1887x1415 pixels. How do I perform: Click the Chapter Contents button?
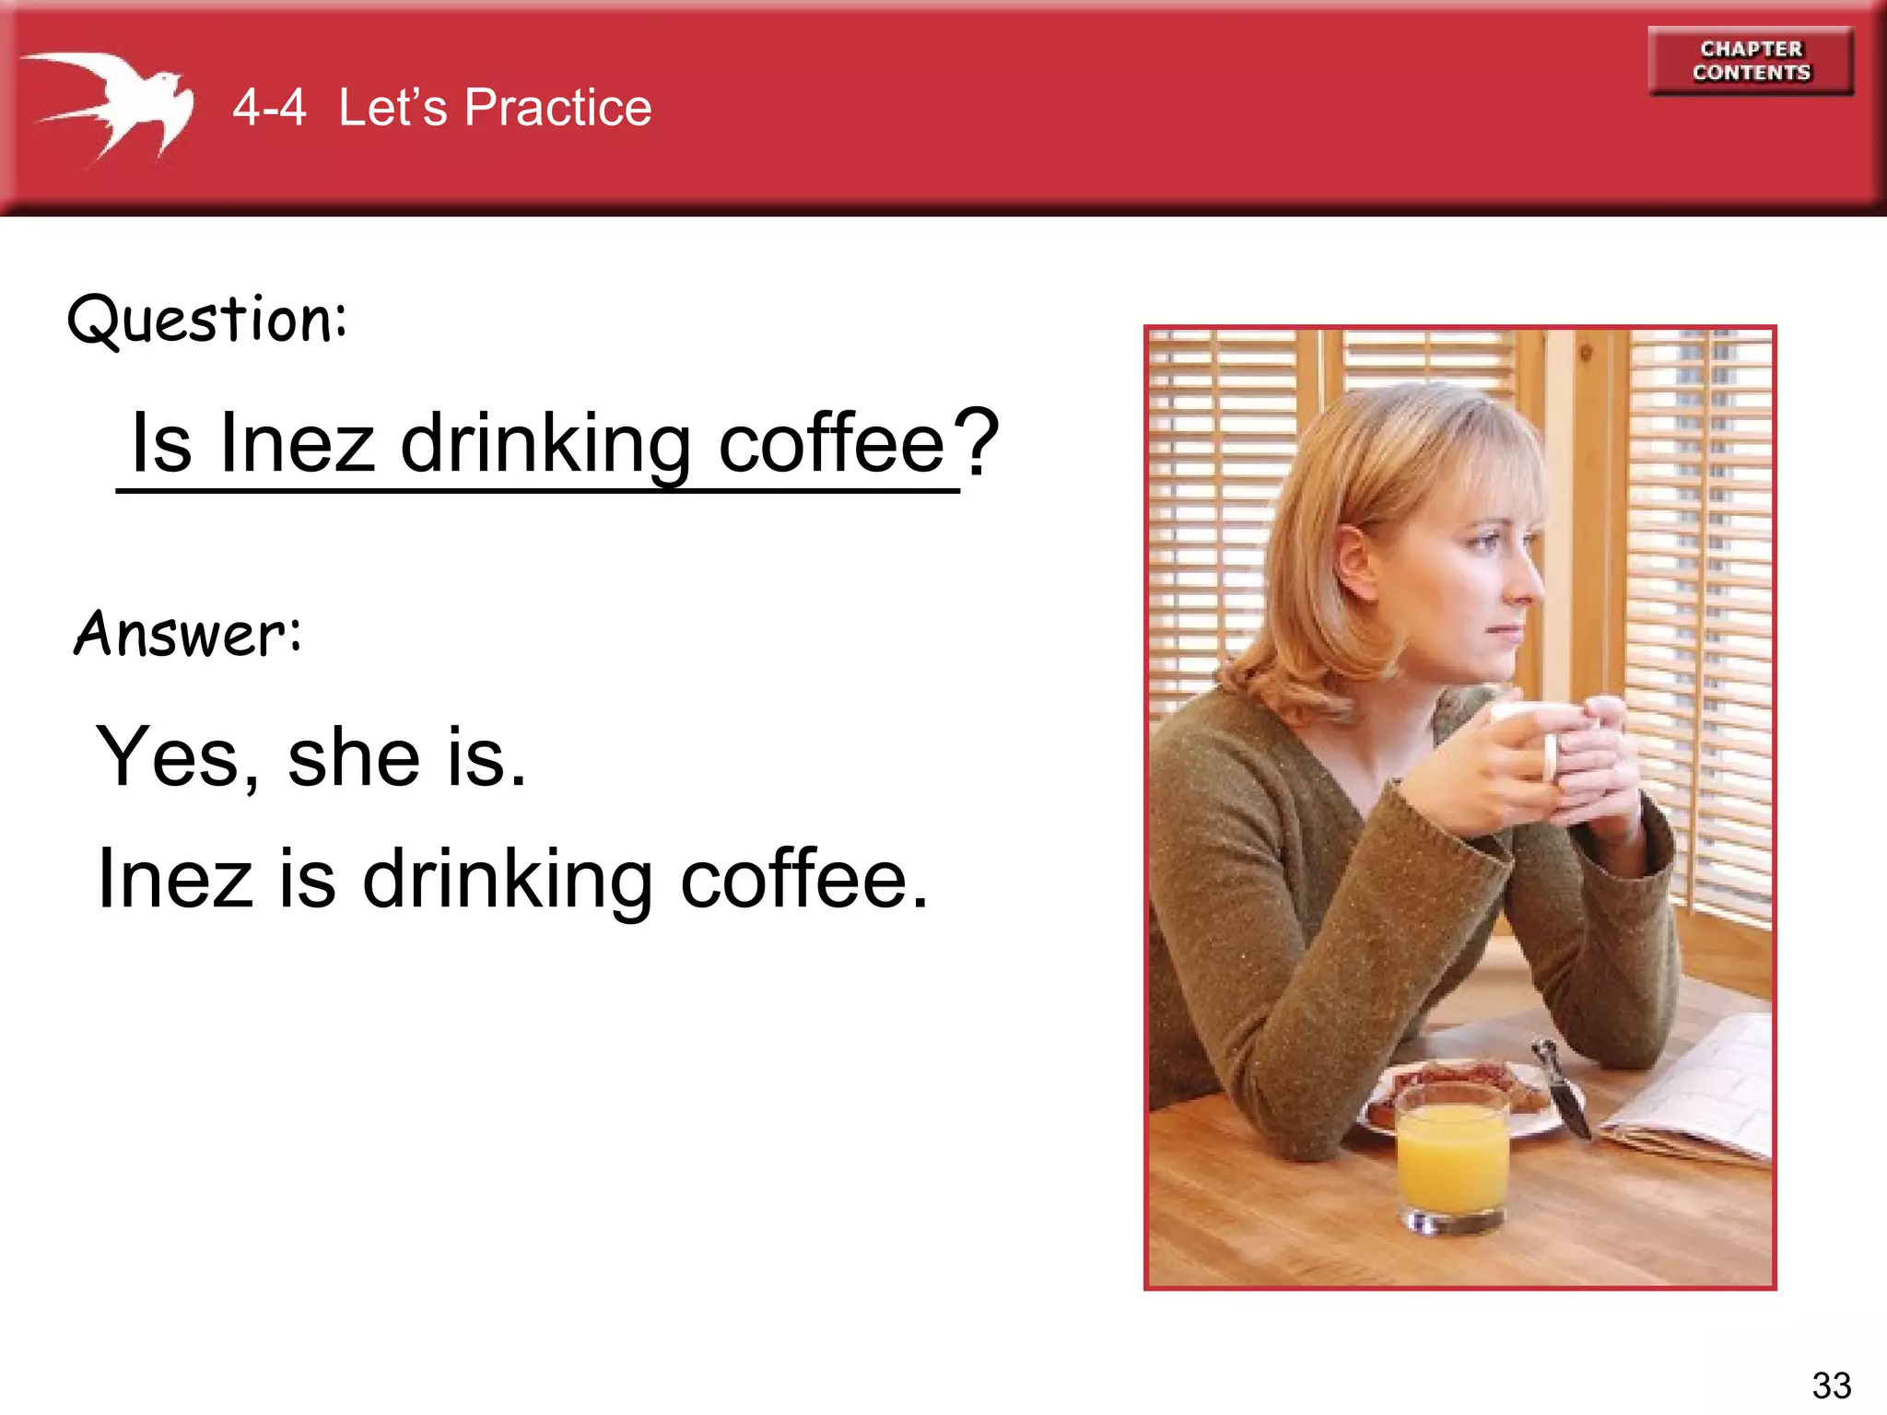pos(1751,61)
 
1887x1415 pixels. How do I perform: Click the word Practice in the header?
pos(557,108)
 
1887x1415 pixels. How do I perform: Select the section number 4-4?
pos(269,108)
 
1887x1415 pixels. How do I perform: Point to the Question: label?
pos(208,320)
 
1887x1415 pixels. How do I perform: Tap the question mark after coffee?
pos(977,442)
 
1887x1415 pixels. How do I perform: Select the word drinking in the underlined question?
pos(545,445)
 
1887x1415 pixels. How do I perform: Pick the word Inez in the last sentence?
pos(175,879)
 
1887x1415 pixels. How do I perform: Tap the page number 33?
pos(1831,1385)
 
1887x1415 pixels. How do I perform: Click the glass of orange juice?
pos(1452,1161)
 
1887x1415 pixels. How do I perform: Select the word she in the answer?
pos(354,757)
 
